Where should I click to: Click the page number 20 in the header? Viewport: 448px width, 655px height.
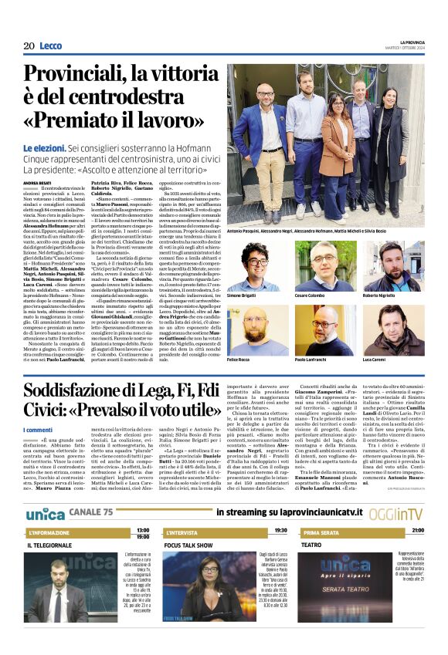[29, 46]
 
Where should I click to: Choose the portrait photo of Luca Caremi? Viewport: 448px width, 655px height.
[393, 328]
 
